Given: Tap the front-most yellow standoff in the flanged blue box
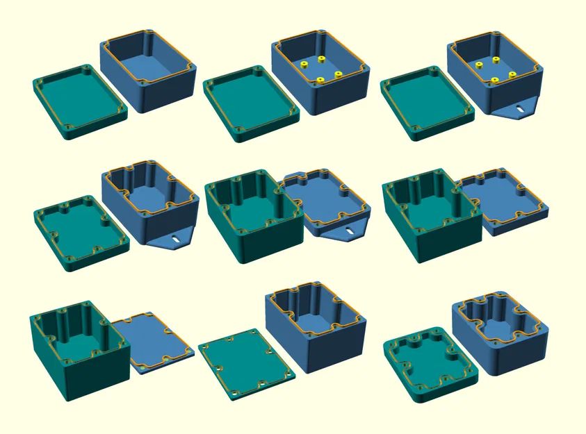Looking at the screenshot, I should coord(494,80).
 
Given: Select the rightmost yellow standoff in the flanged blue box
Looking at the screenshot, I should coord(512,74).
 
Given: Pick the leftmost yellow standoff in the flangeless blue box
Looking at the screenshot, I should coord(304,65).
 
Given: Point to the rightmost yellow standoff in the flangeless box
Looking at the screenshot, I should coord(338,74).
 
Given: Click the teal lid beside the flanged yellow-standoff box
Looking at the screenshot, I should coord(426,102).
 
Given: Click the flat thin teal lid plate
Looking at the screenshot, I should coord(247,363).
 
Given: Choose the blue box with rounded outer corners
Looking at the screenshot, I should coord(498,333).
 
